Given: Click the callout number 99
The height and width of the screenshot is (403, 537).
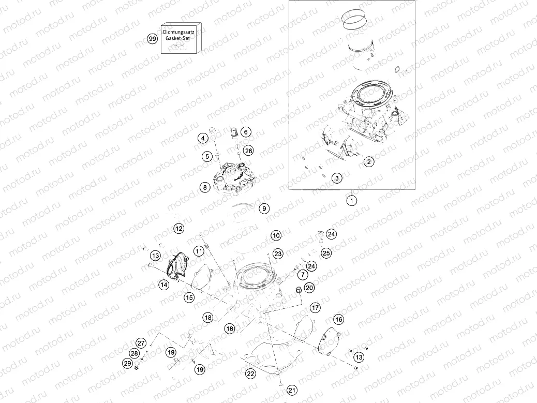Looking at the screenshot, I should point(152,39).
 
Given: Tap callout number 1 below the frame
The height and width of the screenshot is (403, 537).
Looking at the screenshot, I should point(351,200).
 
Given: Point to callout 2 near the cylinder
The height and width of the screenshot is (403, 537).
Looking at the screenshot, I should point(368,162).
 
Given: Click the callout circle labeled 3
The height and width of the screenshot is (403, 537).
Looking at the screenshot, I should point(337,178).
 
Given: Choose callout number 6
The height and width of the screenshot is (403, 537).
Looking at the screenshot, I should point(245,132).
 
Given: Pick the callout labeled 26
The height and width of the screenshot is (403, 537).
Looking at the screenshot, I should point(249,151).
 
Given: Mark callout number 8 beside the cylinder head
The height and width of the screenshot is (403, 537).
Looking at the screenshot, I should point(205,187).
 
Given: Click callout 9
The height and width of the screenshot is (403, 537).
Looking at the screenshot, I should point(264,209).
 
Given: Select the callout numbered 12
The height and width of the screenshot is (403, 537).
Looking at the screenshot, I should point(178,228).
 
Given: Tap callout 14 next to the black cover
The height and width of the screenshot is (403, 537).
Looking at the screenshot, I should point(163,285).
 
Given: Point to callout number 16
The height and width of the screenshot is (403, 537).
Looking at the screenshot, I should point(338,319).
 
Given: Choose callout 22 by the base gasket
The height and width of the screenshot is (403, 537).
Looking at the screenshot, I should point(250,374).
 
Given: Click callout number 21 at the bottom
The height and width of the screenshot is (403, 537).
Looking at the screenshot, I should point(292,390).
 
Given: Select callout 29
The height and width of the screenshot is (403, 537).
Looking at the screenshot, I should point(127,364).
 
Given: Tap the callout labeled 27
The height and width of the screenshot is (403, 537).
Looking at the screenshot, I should point(140,343).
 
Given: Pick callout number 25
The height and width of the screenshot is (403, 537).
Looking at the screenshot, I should point(326,253).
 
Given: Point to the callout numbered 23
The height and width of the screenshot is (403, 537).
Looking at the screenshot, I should point(278,253).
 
